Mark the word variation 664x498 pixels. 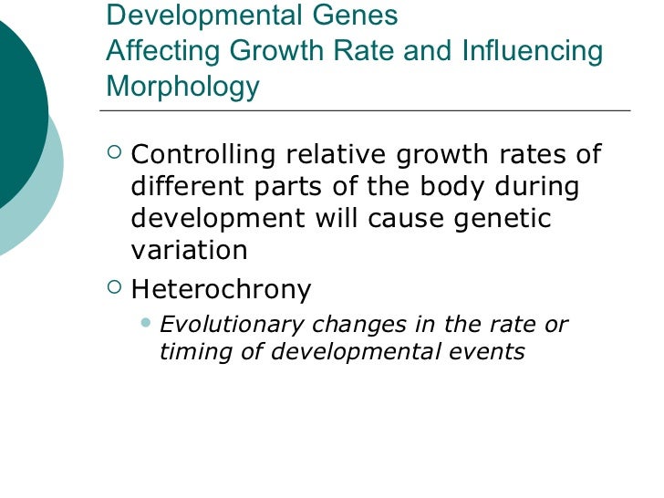coord(189,251)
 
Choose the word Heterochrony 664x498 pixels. coord(222,290)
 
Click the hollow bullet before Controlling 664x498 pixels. coord(114,152)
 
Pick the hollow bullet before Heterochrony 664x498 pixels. coord(114,288)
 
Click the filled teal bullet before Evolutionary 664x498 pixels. coord(148,323)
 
